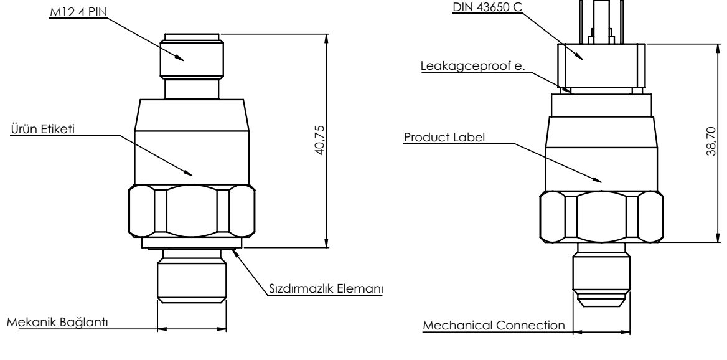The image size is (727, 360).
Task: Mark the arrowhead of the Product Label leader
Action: [603, 182]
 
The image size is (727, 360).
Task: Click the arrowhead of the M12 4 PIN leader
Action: [185, 60]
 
